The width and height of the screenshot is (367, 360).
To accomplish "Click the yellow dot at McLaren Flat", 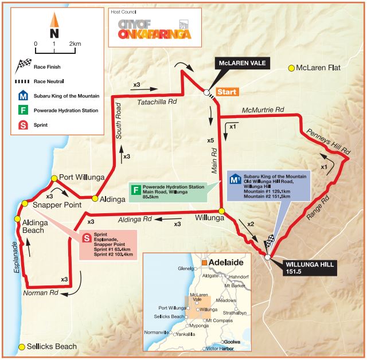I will click(x=291, y=68).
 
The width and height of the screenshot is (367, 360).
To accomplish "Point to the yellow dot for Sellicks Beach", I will click(x=22, y=347).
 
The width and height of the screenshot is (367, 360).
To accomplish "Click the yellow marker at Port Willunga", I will click(x=54, y=178).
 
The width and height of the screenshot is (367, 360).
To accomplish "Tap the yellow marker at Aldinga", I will click(x=95, y=198).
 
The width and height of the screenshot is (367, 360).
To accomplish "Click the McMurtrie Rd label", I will click(x=263, y=109).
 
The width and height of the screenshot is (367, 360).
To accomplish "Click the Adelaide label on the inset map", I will click(x=225, y=263).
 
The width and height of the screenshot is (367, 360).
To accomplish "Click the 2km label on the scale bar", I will click(x=74, y=44).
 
